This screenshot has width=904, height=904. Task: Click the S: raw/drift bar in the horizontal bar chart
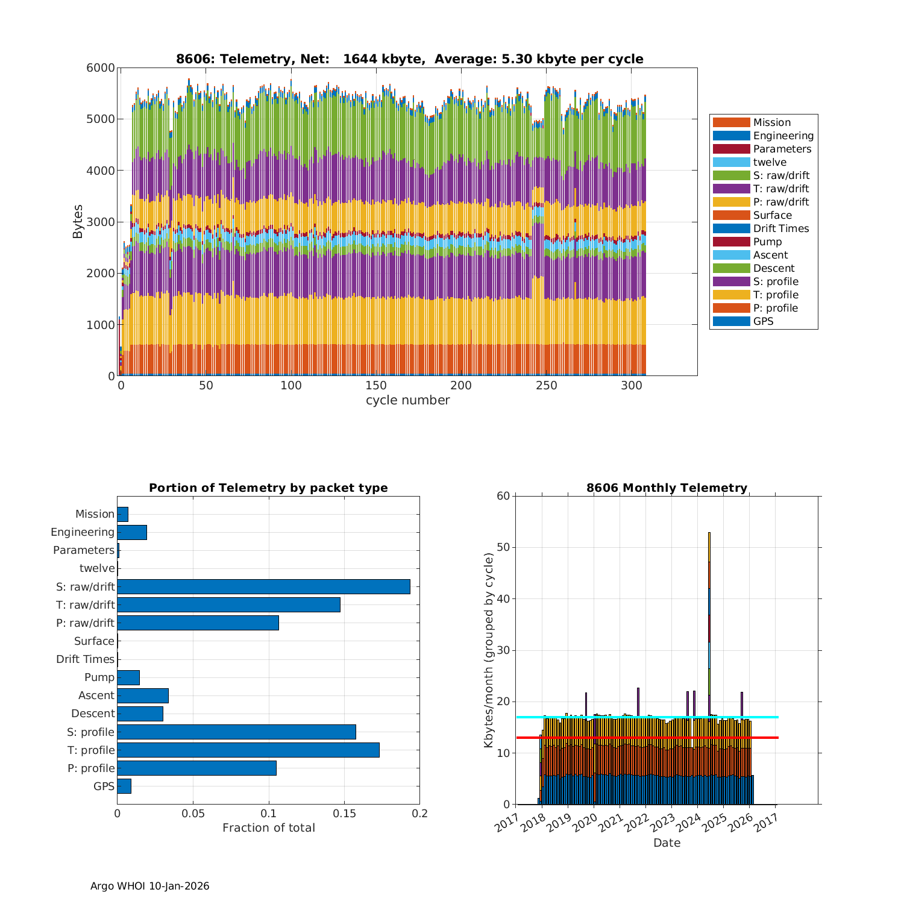263,586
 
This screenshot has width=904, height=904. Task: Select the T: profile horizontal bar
248,750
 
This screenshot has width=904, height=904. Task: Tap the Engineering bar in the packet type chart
132,532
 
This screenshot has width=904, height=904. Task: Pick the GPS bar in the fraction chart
124,786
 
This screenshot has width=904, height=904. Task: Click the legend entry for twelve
770,162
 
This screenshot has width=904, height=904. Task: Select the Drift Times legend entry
780,228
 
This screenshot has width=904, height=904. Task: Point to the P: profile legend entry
775,308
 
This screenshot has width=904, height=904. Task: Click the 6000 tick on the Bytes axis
101,68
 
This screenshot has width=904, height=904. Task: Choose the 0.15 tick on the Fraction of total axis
344,814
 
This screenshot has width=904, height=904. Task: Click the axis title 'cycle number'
407,400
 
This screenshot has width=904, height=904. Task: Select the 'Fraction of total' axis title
268,828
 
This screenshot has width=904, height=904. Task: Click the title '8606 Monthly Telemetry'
667,488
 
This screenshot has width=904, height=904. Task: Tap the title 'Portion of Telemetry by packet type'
268,488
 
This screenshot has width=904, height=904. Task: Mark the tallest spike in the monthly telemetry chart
709,534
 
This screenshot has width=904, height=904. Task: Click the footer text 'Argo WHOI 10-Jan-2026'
149,886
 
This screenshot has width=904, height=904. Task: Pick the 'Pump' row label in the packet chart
99,677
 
